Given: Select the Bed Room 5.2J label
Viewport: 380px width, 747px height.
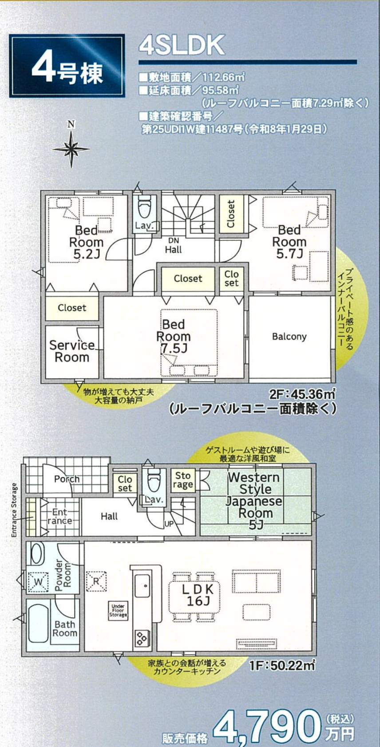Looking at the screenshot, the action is (x=86, y=242).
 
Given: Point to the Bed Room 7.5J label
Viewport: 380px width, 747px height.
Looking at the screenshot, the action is (x=173, y=336).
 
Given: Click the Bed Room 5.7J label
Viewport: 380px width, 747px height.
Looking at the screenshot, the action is (x=289, y=242).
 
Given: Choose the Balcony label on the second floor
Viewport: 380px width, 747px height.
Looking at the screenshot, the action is (x=289, y=337).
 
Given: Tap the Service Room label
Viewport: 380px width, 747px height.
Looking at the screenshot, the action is (x=72, y=351).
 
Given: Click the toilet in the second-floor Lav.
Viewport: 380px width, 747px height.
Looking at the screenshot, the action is (x=145, y=207).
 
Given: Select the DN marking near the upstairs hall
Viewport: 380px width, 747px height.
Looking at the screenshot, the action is (x=173, y=240).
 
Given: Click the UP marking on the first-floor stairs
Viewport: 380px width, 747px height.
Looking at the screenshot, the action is (x=169, y=524).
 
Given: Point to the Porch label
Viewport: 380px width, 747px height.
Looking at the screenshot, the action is (x=67, y=479).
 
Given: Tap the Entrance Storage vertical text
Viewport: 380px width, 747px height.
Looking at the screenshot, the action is (x=14, y=510).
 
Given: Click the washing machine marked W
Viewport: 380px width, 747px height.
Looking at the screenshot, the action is (x=38, y=582).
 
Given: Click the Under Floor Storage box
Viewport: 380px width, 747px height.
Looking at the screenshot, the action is (x=118, y=611).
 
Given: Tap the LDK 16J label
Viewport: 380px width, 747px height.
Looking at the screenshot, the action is (x=198, y=595).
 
